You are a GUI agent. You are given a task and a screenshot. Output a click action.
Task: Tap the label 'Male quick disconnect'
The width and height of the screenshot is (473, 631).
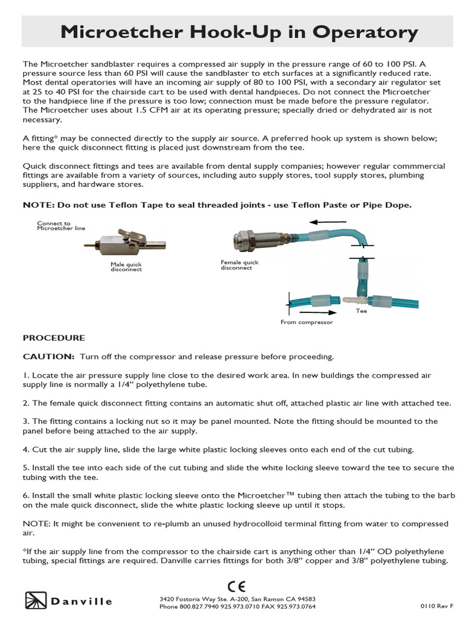tap(126, 266)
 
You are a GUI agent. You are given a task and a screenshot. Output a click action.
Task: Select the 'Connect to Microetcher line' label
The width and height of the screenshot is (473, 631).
tap(61, 226)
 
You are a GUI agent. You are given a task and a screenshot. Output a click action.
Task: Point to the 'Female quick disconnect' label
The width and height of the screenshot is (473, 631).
tap(240, 265)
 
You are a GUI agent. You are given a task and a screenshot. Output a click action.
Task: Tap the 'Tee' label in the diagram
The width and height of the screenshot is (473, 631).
tap(361, 311)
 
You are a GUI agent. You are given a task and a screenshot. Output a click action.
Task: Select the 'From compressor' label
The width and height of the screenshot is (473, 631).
tap(307, 322)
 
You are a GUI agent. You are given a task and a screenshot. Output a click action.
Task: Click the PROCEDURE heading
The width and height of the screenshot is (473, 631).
tap(54, 338)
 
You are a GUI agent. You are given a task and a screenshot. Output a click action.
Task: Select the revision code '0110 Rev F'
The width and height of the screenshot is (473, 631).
tap(437, 606)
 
